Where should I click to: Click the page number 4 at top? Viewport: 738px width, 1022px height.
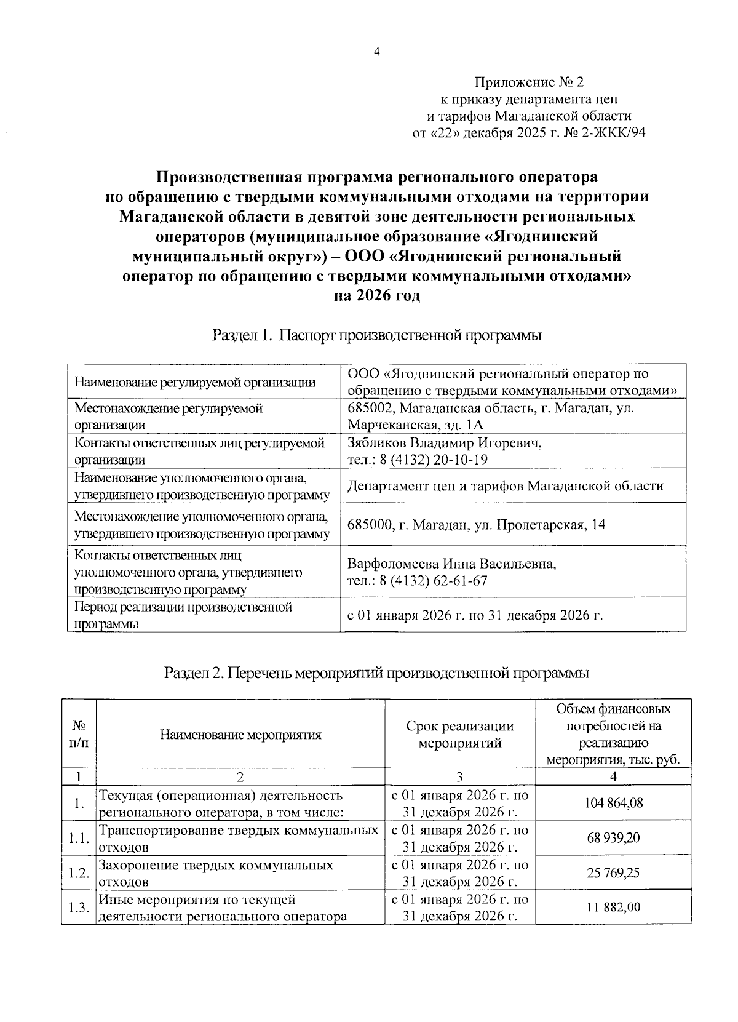click(x=377, y=52)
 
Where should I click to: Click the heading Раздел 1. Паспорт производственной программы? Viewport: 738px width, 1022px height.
click(x=376, y=335)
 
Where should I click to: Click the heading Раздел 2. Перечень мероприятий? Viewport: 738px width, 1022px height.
click(x=376, y=673)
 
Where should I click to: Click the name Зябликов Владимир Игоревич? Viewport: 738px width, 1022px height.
click(x=444, y=443)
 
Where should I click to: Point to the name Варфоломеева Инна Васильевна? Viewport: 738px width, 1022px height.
click(x=451, y=564)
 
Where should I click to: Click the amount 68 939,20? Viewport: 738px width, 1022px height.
click(x=613, y=838)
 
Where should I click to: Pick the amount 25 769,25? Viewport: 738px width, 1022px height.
click(x=613, y=872)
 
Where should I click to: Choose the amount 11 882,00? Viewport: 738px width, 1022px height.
click(x=613, y=907)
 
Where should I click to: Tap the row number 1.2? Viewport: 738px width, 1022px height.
click(x=79, y=873)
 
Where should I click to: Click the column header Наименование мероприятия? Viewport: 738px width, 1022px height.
click(x=240, y=734)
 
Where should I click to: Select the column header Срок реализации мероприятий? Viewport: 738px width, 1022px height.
click(x=459, y=734)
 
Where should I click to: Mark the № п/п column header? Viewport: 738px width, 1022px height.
click(x=79, y=733)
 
